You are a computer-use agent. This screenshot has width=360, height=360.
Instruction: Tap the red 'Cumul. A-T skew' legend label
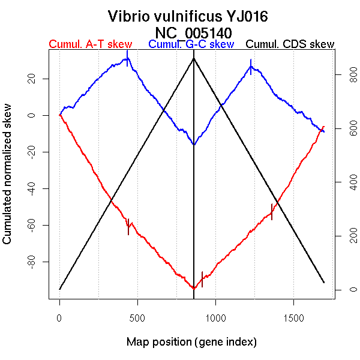[x=90, y=44]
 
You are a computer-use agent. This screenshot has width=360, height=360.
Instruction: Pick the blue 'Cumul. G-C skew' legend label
[x=191, y=44]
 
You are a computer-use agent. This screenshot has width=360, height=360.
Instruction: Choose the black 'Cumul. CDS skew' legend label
[x=290, y=44]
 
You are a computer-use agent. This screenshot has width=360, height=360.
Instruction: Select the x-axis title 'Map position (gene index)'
[x=192, y=343]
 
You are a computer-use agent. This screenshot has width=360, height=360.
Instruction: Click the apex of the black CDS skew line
[x=193, y=58]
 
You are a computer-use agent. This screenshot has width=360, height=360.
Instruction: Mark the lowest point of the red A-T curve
[x=193, y=289]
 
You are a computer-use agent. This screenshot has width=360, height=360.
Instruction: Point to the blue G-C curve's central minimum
[x=193, y=144]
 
